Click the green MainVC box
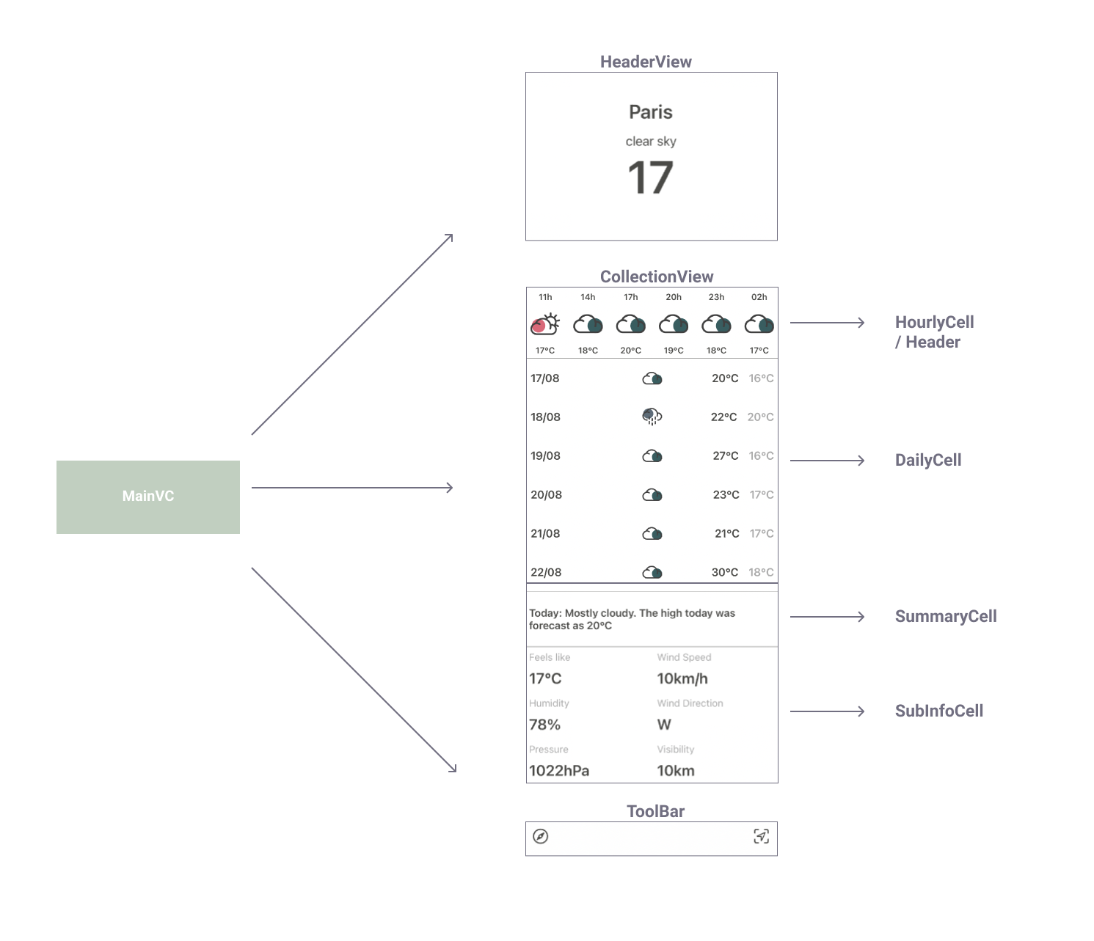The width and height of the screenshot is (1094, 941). pos(148,497)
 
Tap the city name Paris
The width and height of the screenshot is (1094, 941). pos(651,112)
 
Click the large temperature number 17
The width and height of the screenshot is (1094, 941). pos(651,177)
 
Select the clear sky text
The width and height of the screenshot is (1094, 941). pos(651,142)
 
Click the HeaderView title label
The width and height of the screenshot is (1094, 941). pos(646,62)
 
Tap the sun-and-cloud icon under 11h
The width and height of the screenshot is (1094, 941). pos(545,324)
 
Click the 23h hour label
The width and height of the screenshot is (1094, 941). pos(716,297)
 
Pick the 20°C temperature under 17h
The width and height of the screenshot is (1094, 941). pos(630,351)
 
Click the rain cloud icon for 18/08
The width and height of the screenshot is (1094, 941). pos(652,417)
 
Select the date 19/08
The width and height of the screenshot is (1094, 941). pos(545,456)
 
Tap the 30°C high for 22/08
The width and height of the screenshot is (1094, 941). pos(725,572)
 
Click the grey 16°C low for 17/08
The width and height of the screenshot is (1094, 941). pos(761,378)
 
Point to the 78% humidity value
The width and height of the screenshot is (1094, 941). pos(544,725)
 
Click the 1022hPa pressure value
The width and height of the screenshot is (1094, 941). pos(559,771)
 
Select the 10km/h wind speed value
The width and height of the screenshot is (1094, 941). pos(682,678)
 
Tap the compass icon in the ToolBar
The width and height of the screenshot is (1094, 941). pos(540,836)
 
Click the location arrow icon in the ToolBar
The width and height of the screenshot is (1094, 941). pos(761,836)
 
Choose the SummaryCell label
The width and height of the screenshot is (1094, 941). pos(946,616)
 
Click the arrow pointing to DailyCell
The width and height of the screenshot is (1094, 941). pos(827,461)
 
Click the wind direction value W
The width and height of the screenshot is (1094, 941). pos(664,725)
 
